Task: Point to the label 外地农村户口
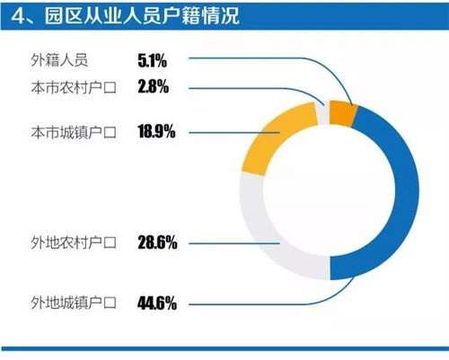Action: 74,242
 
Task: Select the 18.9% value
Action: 156,133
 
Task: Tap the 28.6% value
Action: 156,242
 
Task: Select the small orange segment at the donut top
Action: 342,111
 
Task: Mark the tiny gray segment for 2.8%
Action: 321,113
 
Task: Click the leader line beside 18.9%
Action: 233,133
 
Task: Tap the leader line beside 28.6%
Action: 233,242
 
